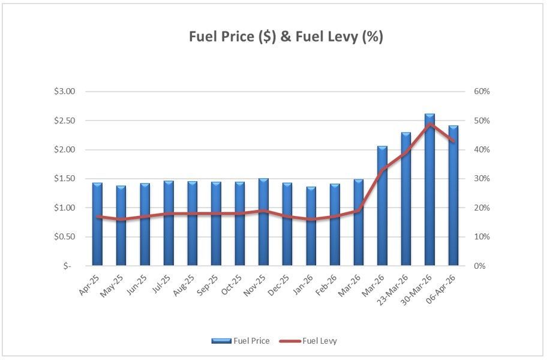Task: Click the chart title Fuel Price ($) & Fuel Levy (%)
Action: pyautogui.click(x=285, y=37)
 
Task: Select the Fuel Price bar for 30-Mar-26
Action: pyautogui.click(x=429, y=190)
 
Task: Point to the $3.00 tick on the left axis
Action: pyautogui.click(x=64, y=92)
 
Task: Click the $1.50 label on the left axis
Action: pyautogui.click(x=64, y=179)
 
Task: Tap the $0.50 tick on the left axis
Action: pyautogui.click(x=64, y=237)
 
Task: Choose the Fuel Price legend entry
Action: pyautogui.click(x=241, y=341)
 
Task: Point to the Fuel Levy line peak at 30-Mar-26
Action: pyautogui.click(x=429, y=124)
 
